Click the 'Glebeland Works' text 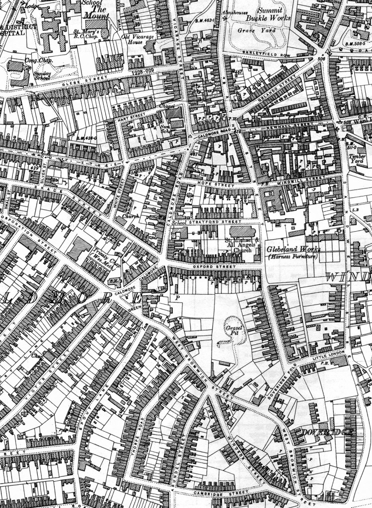pos(293,251)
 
